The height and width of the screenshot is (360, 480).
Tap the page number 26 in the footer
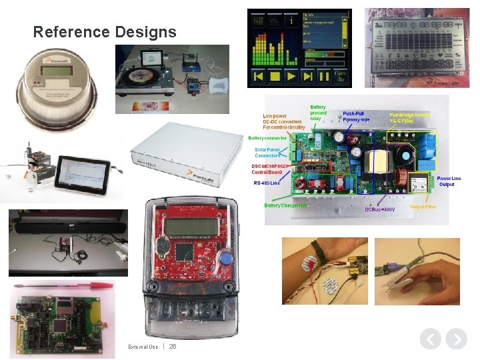point(173,346)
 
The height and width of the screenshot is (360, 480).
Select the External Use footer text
point(143,347)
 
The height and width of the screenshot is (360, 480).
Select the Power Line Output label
point(449,181)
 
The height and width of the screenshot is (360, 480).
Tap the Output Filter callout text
point(423,207)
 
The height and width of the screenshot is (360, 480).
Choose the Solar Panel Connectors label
point(267,153)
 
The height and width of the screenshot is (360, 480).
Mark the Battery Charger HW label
point(285,205)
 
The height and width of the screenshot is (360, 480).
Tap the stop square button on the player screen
point(259,77)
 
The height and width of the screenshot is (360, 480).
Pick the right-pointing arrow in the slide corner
point(456,339)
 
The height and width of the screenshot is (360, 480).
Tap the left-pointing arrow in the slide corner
point(431,339)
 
